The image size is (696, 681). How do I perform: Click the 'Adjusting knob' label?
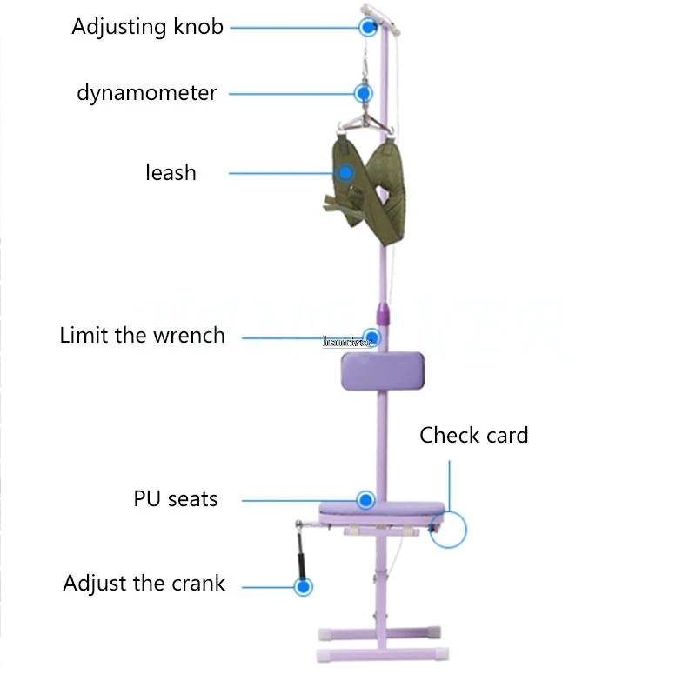tap(147, 26)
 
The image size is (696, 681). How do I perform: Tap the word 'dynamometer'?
tap(146, 92)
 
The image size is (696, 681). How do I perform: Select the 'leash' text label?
tap(171, 172)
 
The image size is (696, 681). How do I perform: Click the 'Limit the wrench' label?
tap(142, 335)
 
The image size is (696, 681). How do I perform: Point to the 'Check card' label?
tap(473, 435)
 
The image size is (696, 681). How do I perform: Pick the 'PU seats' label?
tap(175, 499)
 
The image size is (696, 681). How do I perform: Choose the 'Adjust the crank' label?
tap(144, 583)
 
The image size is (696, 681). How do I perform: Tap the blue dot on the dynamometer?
tap(363, 92)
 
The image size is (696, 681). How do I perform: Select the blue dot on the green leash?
tap(346, 172)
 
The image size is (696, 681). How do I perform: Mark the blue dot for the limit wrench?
tap(372, 337)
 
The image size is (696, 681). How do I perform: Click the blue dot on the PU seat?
tap(365, 500)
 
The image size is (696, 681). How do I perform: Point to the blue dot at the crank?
tap(303, 587)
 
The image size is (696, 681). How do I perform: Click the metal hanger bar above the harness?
tap(363, 124)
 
